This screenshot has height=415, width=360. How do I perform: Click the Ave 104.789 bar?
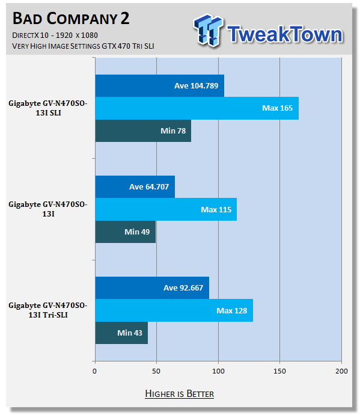(159, 86)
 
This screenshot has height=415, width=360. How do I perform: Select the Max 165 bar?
(197, 108)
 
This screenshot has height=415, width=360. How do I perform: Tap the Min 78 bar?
(143, 131)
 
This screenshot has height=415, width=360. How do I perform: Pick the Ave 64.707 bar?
(135, 187)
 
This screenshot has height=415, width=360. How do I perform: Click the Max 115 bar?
(166, 209)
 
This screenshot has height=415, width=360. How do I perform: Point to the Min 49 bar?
(126, 232)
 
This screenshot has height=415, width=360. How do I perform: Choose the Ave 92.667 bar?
(152, 288)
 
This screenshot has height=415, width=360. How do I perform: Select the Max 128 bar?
(174, 310)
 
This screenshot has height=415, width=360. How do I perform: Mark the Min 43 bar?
(121, 333)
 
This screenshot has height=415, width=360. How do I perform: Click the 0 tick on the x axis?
(95, 371)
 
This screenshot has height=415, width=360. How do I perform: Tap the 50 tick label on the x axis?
(156, 371)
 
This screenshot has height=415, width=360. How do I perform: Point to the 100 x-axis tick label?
(218, 371)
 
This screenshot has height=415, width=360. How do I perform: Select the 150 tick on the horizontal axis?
(280, 371)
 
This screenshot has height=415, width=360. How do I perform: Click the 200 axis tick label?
(341, 371)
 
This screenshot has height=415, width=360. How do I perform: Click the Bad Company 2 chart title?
(71, 19)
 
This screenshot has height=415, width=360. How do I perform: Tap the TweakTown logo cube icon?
(208, 30)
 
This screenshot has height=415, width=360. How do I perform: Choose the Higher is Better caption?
(179, 393)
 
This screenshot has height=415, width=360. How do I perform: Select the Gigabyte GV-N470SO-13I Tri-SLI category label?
(48, 310)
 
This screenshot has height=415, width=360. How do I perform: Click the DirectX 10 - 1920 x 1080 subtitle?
(55, 35)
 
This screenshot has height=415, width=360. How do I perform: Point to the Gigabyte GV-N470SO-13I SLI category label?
(48, 108)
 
